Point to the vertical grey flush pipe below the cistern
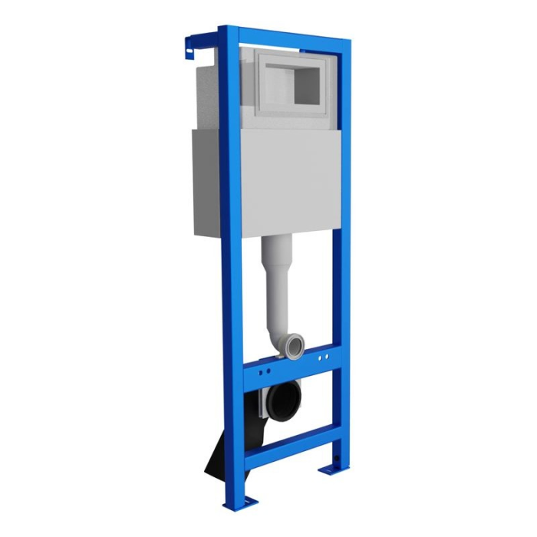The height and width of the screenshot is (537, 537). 278,284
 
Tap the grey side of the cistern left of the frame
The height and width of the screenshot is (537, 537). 205,180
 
